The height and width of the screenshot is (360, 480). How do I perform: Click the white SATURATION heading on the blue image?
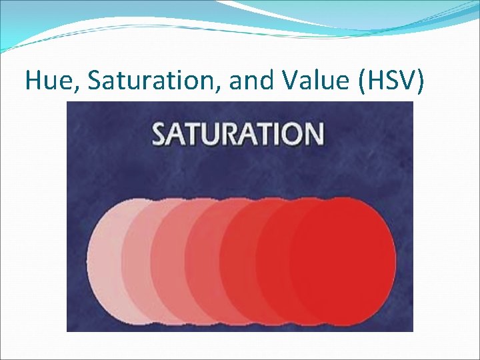click(x=238, y=133)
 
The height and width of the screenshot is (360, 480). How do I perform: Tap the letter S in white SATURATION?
click(x=161, y=133)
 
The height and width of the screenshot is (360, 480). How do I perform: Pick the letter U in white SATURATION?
click(x=217, y=133)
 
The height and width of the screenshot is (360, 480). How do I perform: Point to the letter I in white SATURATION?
click(x=274, y=133)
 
